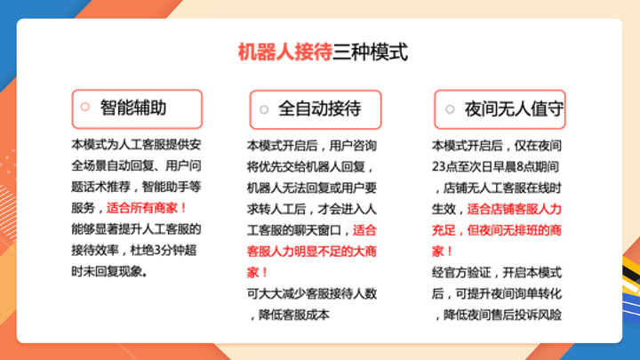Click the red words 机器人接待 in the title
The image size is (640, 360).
click(x=285, y=52)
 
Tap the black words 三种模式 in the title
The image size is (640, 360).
click(x=370, y=52)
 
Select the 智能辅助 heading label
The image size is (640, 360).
click(x=133, y=108)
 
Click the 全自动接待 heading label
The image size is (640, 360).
click(x=320, y=108)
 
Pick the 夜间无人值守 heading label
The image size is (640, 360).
click(x=514, y=109)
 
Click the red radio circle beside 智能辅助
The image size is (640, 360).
click(x=85, y=107)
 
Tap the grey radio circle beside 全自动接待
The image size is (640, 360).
click(x=264, y=109)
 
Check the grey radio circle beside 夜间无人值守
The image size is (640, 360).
click(x=450, y=109)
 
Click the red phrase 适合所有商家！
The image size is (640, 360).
click(x=147, y=208)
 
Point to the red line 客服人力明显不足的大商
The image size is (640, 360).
click(x=311, y=251)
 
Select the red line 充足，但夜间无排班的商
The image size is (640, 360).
click(x=497, y=230)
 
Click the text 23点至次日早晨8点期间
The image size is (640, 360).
click(x=495, y=166)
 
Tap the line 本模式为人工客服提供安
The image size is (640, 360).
click(x=136, y=145)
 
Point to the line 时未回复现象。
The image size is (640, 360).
click(x=109, y=271)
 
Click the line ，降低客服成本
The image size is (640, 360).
click(x=288, y=315)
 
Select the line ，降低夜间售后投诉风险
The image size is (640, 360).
click(x=497, y=315)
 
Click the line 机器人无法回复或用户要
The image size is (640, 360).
click(x=311, y=188)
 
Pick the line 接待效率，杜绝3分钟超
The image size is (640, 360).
click(x=134, y=250)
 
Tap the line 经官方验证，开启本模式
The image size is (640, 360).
click(x=497, y=272)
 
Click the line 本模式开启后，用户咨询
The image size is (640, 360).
click(x=311, y=145)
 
